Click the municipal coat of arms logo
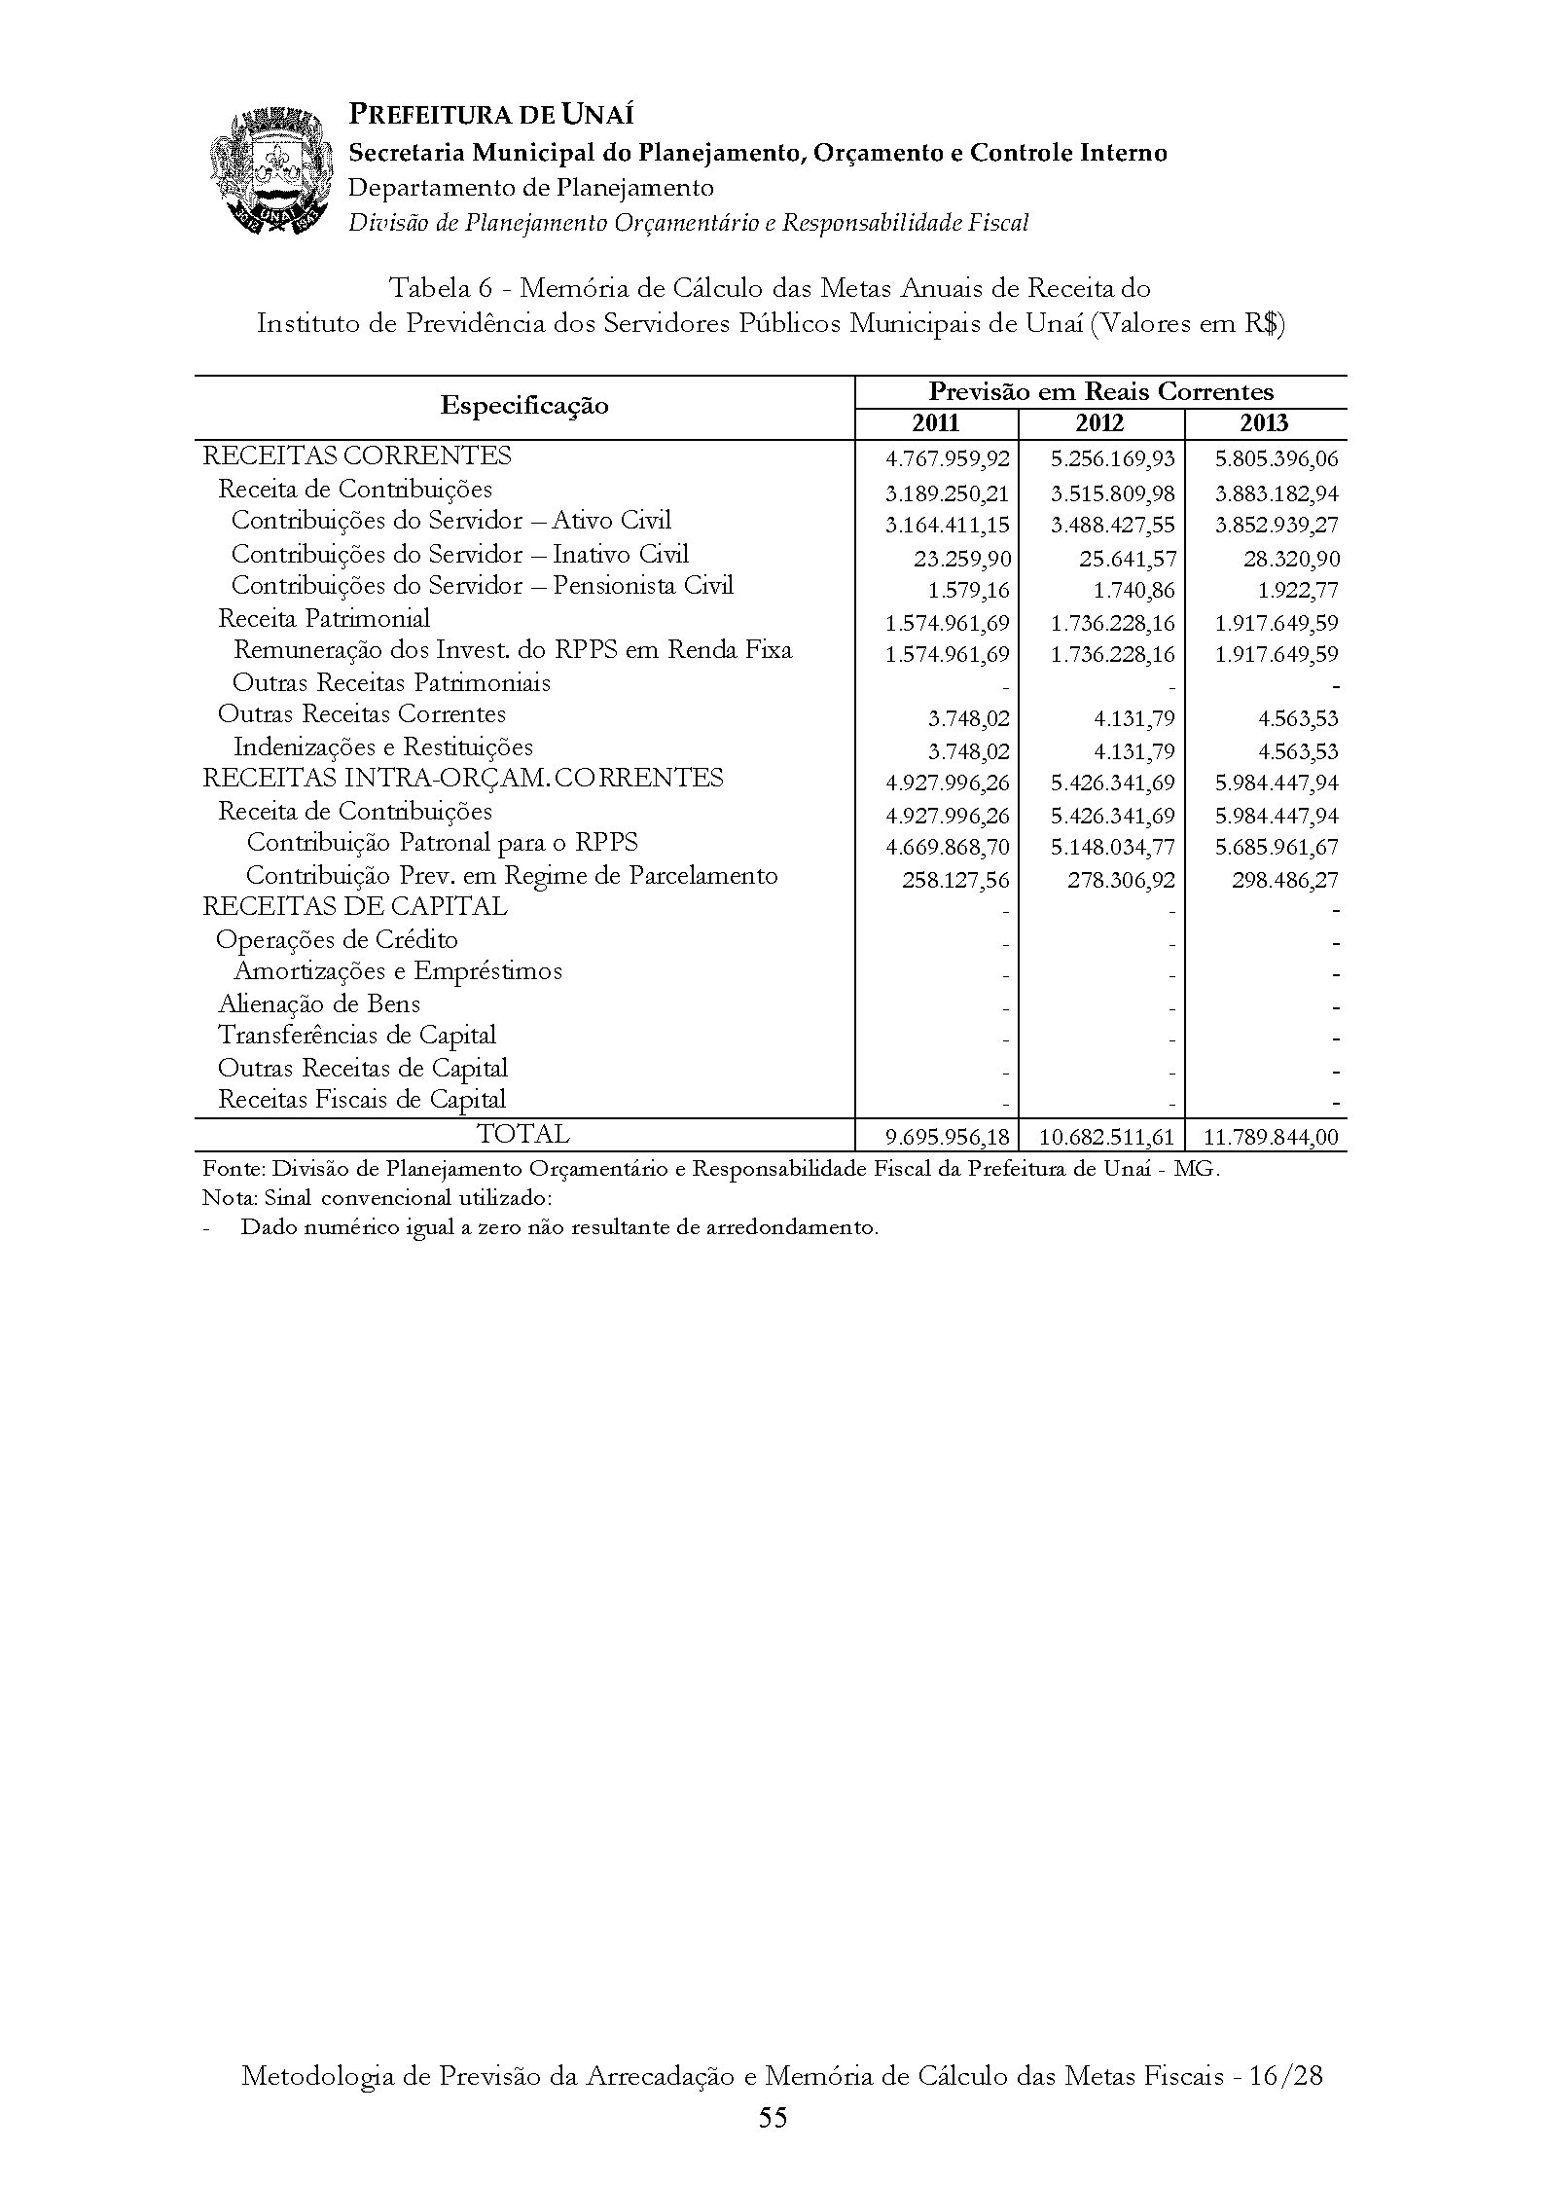[x=267, y=171]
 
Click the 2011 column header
[x=936, y=423]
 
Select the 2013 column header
[x=1265, y=423]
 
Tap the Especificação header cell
[x=524, y=406]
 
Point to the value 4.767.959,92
[x=948, y=459]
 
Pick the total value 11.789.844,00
[x=1271, y=1137]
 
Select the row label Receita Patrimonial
[x=324, y=619]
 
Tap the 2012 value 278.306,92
[x=1121, y=881]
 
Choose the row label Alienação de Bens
[x=319, y=1004]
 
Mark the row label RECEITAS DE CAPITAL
[x=354, y=907]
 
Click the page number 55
[x=773, y=2118]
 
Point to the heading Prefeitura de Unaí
[x=491, y=116]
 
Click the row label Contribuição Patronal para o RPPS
[x=443, y=843]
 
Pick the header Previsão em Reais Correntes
[x=1100, y=392]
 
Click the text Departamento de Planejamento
[x=531, y=188]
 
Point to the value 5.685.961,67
[x=1277, y=849]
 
